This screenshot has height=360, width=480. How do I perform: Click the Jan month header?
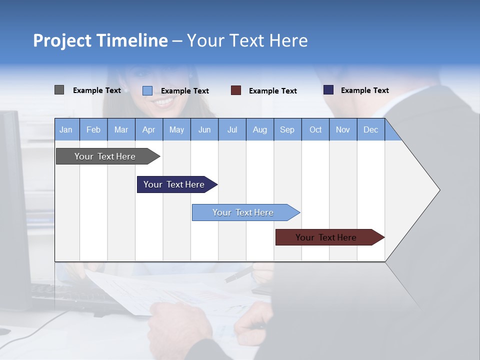[66, 129]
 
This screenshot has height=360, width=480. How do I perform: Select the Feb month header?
[93, 129]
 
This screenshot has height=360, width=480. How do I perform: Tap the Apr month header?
[149, 129]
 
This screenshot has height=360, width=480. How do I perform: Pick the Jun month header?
[204, 129]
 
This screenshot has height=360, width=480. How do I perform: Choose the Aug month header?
[260, 129]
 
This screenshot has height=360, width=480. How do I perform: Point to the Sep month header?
[287, 129]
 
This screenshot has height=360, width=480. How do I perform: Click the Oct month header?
[315, 129]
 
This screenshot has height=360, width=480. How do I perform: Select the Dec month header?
[371, 129]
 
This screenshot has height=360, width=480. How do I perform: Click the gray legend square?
[59, 90]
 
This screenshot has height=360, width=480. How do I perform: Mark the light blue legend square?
[147, 90]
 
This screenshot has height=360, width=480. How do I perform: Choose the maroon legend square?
[236, 90]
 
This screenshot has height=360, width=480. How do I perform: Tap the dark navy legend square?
[328, 90]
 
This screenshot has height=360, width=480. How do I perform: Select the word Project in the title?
[62, 40]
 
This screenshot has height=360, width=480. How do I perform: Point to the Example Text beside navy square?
[365, 90]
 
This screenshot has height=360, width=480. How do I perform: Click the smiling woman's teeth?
[163, 102]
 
